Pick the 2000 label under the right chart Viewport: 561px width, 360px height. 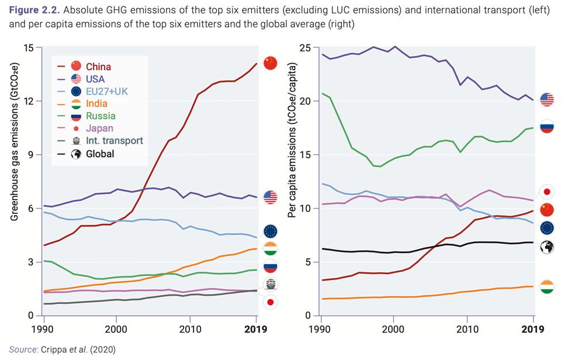393,327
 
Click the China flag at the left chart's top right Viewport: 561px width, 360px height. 270,63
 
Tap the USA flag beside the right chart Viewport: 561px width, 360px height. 547,99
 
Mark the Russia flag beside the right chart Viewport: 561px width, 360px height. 547,127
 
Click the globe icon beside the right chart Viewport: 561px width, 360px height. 547,246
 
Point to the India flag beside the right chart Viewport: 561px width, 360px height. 547,287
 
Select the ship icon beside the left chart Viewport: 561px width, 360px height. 270,285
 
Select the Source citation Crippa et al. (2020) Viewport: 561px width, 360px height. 61,349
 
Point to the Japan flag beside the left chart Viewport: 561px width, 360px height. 270,302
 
